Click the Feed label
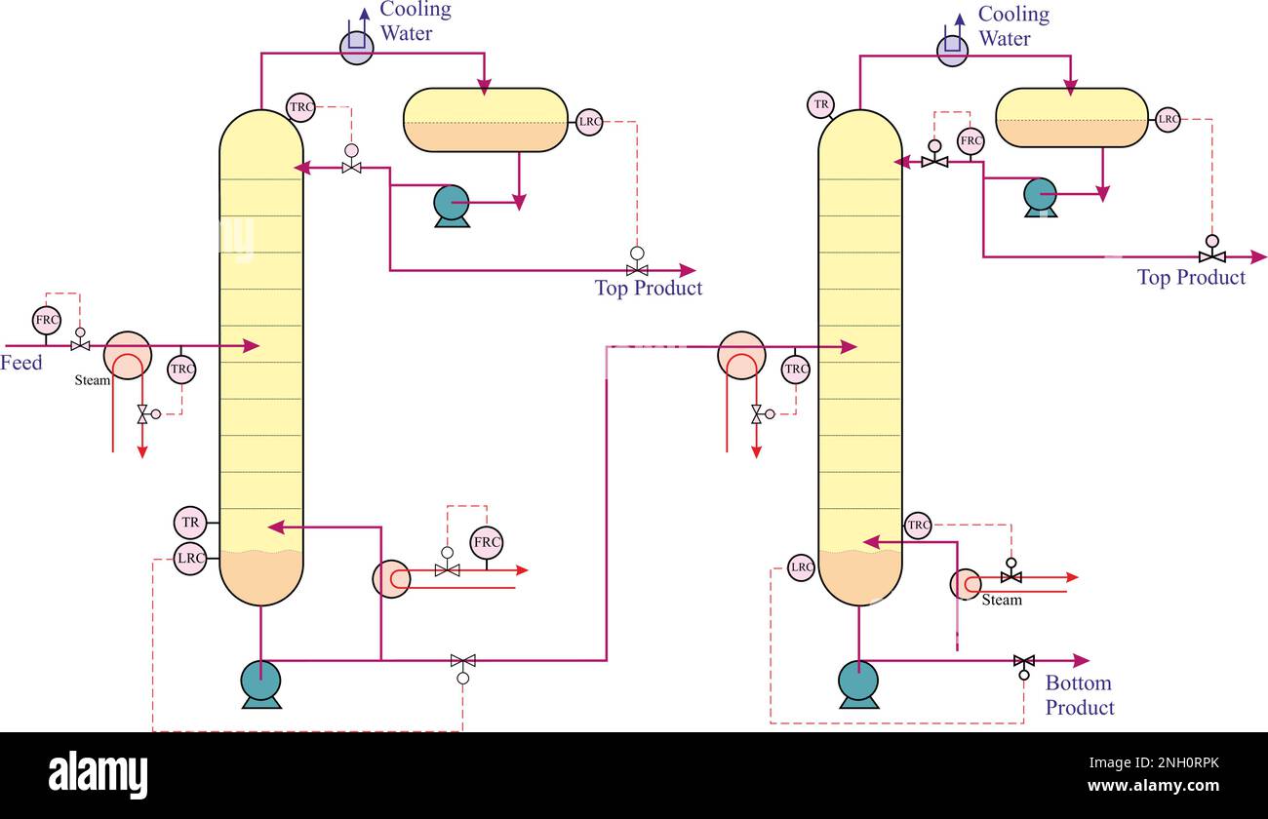(20, 363)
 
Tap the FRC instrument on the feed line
(47, 320)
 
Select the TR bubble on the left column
(190, 523)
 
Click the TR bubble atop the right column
(821, 104)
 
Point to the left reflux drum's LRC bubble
(589, 122)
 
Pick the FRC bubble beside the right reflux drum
(971, 140)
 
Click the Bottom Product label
(1079, 695)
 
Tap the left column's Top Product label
(649, 288)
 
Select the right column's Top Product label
(1192, 277)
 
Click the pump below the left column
(261, 683)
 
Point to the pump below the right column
(858, 684)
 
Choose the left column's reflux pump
(452, 206)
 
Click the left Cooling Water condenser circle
(357, 48)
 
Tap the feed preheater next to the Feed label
(128, 356)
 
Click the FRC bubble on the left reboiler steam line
(487, 542)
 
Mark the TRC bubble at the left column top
(300, 107)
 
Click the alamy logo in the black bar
(98, 773)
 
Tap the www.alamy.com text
(1153, 786)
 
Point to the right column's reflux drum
(1072, 118)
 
